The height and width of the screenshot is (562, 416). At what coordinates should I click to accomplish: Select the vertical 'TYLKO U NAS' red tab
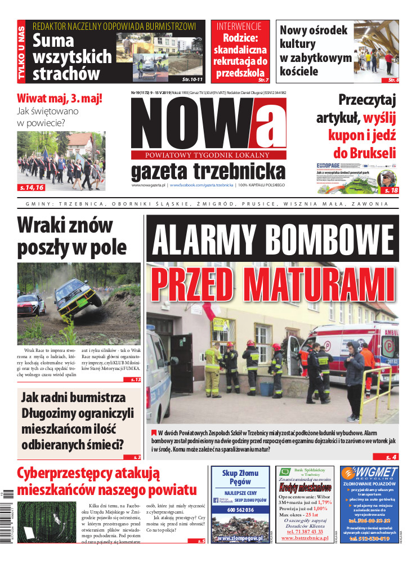click(21, 51)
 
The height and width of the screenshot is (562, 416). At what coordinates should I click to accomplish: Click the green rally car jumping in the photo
click(76, 295)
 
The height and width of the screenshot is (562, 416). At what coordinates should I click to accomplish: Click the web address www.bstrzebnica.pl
click(305, 538)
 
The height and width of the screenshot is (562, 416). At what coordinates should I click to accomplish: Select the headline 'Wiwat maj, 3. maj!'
click(60, 98)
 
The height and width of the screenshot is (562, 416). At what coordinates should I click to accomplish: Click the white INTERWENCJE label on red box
click(239, 26)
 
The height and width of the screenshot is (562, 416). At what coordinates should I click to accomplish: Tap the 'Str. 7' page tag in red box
click(263, 80)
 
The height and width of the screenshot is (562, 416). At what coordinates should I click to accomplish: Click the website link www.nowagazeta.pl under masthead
click(148, 185)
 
